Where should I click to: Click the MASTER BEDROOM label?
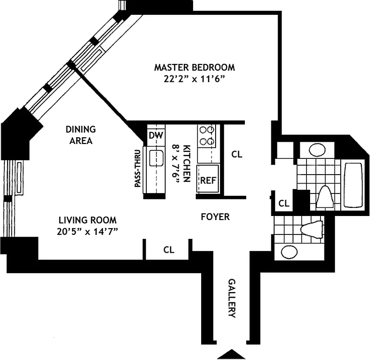pos(194,67)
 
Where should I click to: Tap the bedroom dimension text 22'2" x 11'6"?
pos(194,79)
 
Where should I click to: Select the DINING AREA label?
pos(81,135)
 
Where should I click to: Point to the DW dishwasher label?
pos(155,135)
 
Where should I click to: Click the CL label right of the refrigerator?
pos(237,154)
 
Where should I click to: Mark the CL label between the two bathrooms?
pos(284,203)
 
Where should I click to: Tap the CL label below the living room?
pos(169,250)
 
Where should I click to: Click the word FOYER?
pos(215,217)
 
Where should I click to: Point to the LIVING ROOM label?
pos(87,220)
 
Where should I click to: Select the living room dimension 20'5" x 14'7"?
pos(87,232)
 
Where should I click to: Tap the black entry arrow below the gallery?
pos(231,354)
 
